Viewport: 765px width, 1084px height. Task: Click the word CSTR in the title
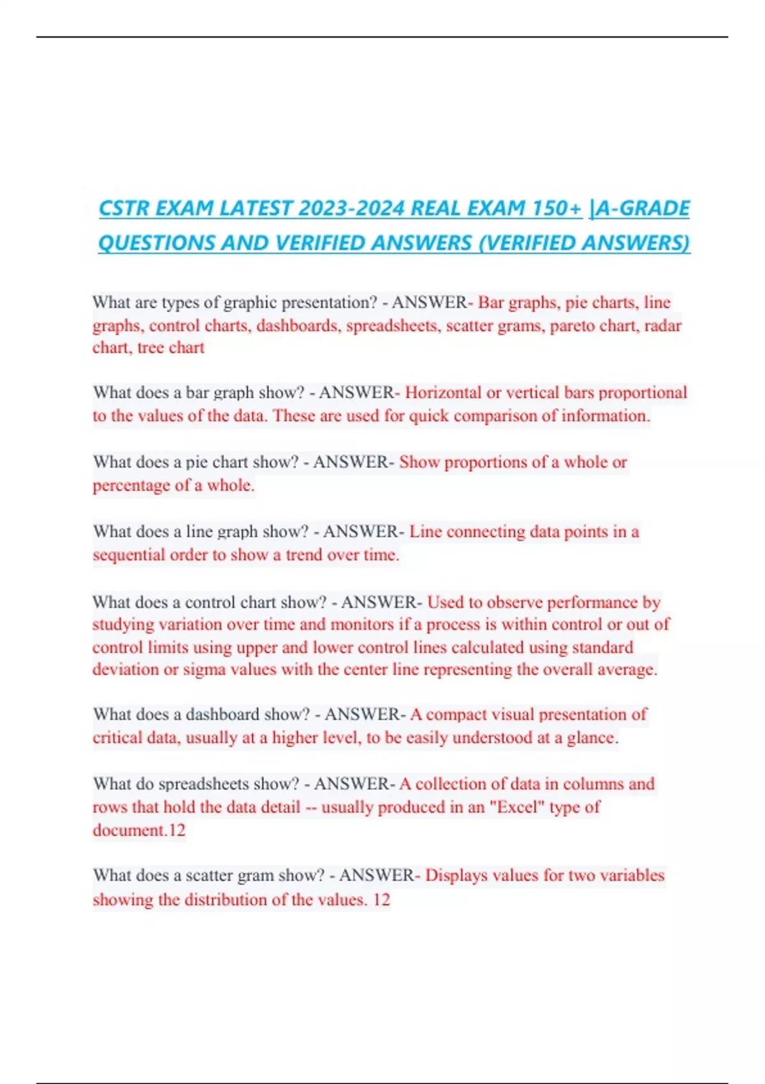coord(124,209)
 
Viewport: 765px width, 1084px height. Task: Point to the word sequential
coord(129,555)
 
